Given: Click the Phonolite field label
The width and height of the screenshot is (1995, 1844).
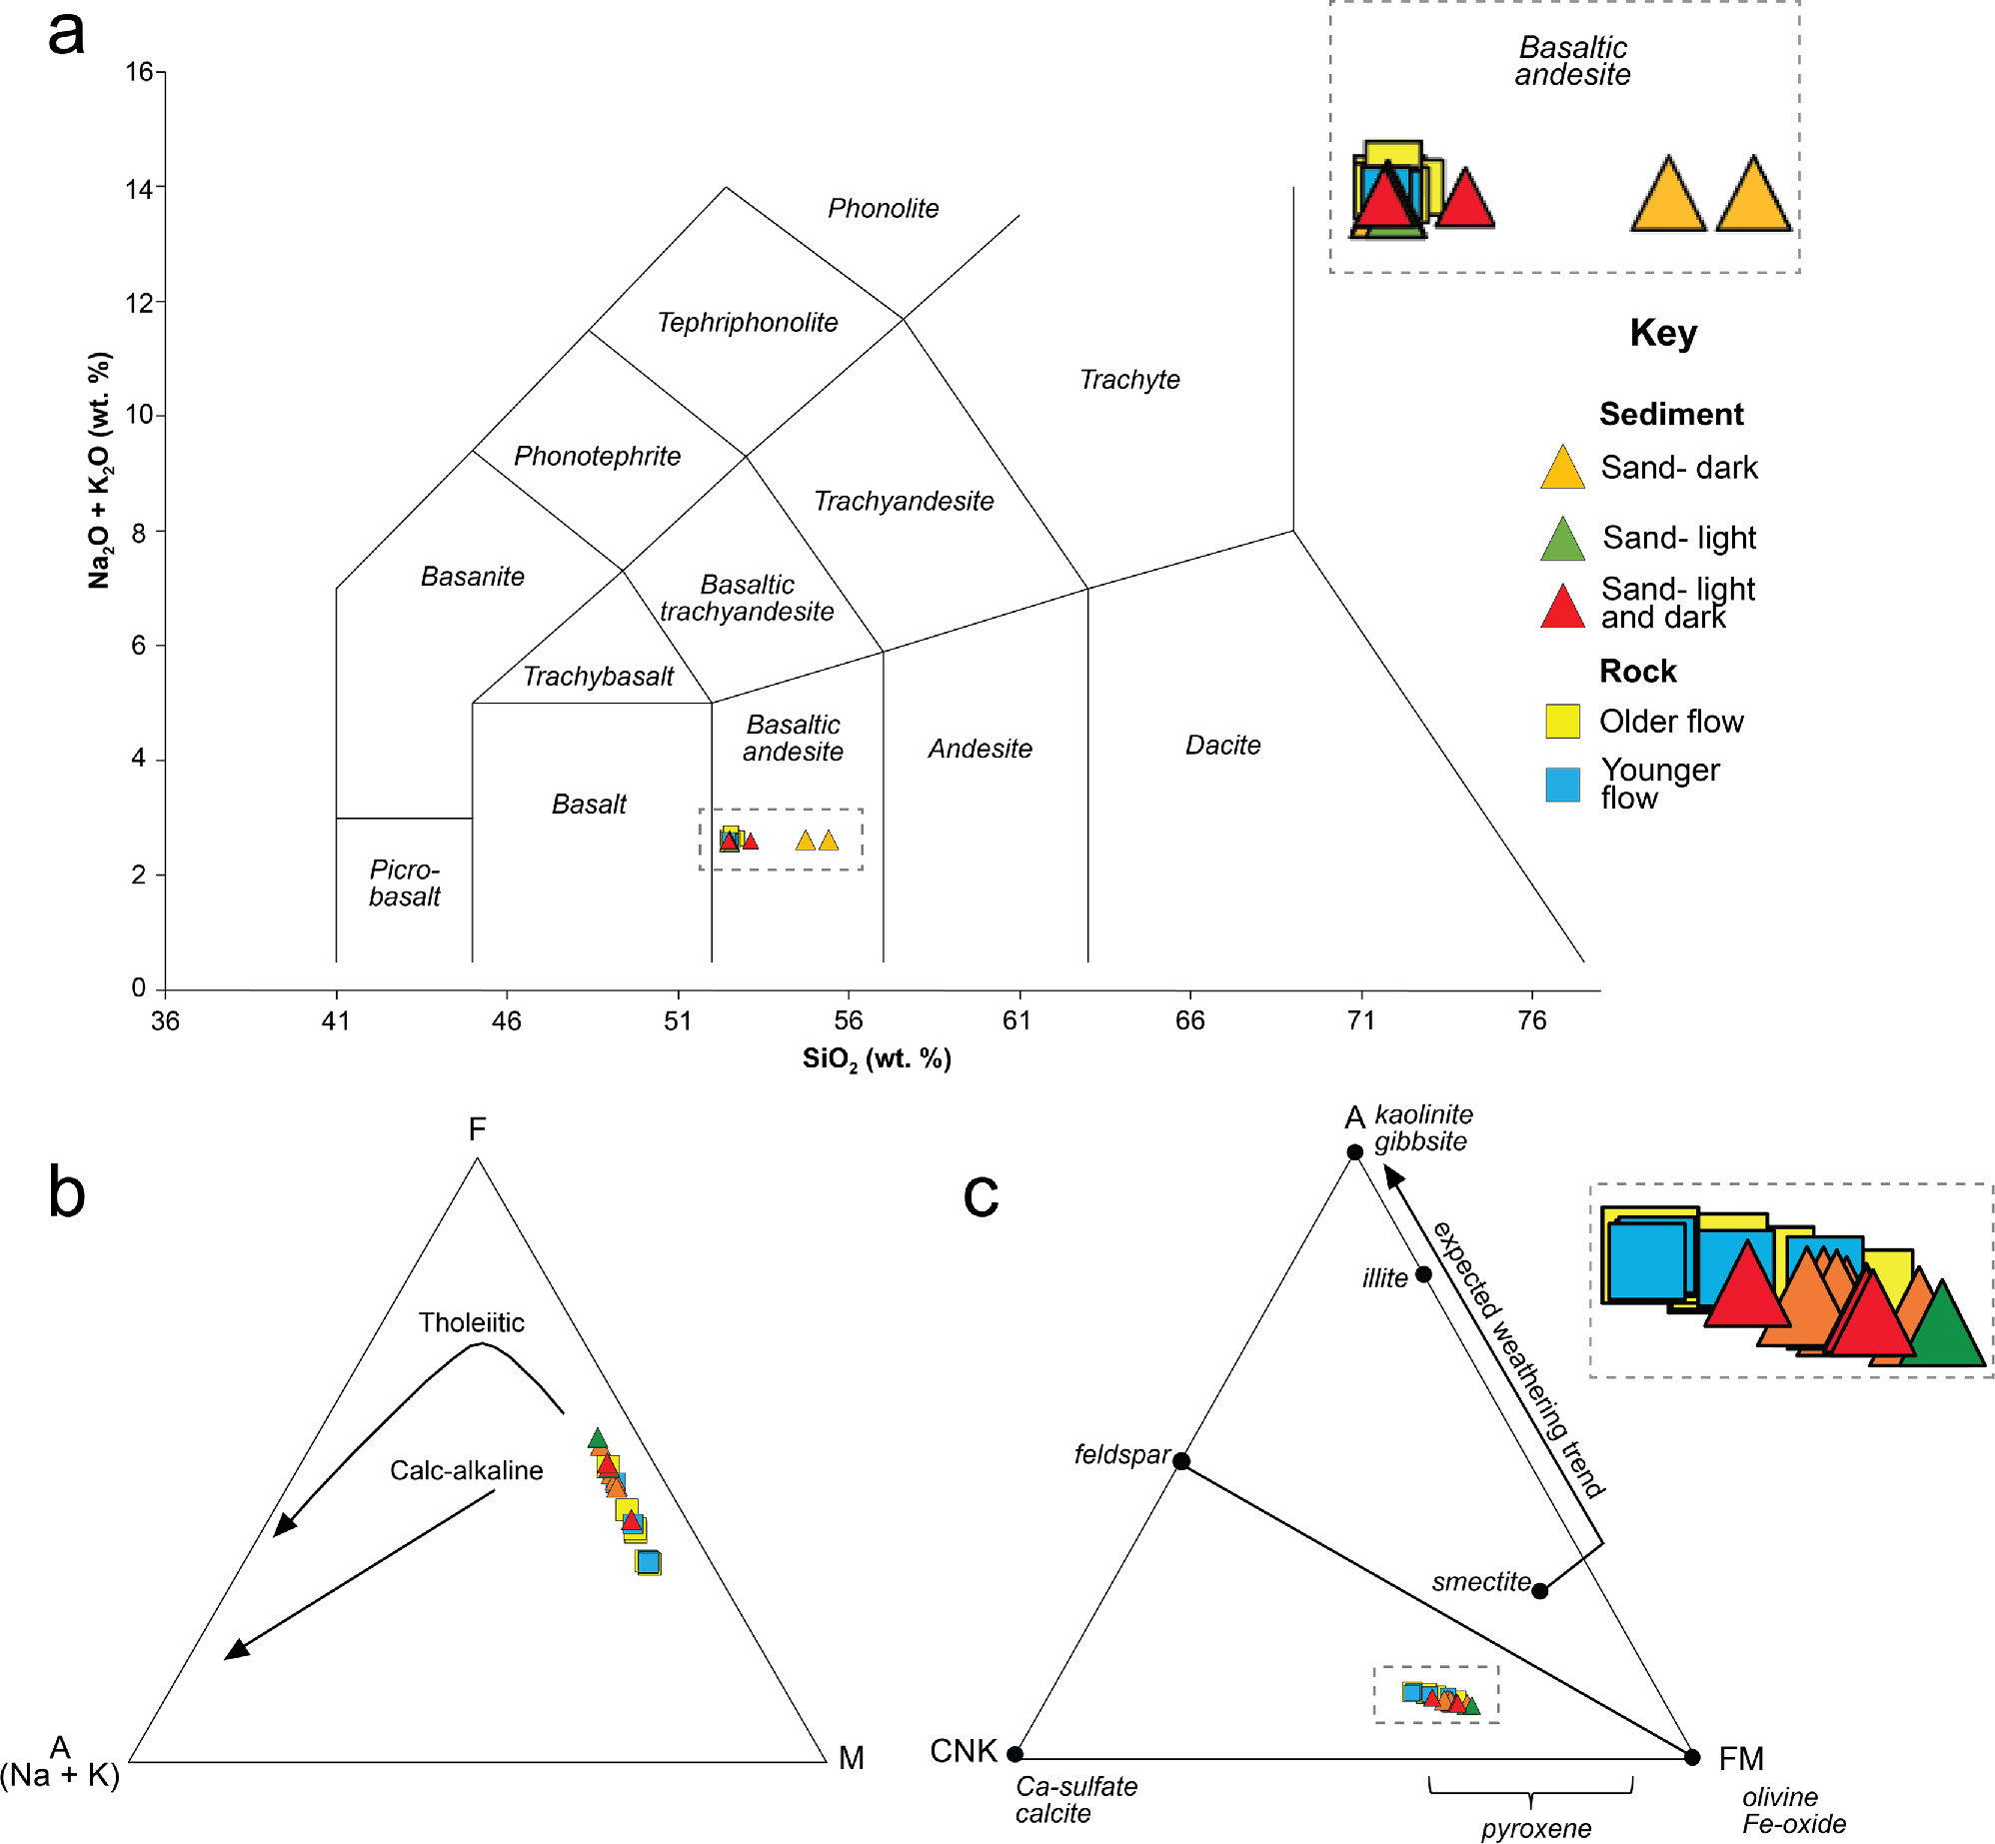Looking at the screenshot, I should (883, 208).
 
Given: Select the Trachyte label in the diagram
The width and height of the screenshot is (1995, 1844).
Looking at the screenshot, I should (1129, 380).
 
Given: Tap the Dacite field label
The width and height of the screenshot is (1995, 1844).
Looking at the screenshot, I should (1222, 745).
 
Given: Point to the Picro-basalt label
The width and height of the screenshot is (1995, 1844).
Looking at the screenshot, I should (404, 883).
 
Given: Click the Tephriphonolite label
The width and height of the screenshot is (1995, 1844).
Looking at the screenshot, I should (747, 322).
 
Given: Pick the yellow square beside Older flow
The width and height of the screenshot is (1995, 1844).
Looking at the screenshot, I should (1562, 721).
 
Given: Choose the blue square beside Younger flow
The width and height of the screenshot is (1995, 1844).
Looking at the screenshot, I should (1562, 785).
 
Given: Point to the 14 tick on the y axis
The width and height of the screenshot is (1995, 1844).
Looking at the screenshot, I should (139, 188).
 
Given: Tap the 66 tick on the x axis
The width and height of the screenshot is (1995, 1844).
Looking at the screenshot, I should (1189, 1019).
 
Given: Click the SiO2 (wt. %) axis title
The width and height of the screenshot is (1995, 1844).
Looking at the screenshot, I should (877, 1059).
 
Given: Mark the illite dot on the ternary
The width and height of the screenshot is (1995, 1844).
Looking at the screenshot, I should (1423, 1274).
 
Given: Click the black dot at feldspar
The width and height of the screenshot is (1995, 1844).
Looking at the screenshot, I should (1181, 1461).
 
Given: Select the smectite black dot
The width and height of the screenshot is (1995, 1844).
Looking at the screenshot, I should (1540, 1590).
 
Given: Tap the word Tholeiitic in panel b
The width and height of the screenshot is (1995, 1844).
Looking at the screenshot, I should (471, 1322).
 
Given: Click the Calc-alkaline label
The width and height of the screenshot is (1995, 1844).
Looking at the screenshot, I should (466, 1470).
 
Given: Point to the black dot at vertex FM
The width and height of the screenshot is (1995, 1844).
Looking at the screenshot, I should (1692, 1757).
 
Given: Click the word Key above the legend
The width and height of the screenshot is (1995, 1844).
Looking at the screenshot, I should (1663, 333).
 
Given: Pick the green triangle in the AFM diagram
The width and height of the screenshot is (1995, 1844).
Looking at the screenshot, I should (598, 1439).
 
